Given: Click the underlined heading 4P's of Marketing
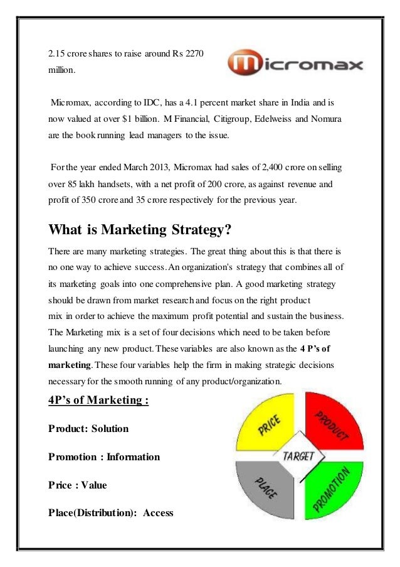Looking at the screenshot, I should pos(98,400).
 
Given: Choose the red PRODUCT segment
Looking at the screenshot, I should pos(333,424).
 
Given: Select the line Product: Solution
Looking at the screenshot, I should pos(88,429).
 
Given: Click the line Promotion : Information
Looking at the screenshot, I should pos(104,457).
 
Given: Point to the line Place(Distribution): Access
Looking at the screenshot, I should pos(110,513).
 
